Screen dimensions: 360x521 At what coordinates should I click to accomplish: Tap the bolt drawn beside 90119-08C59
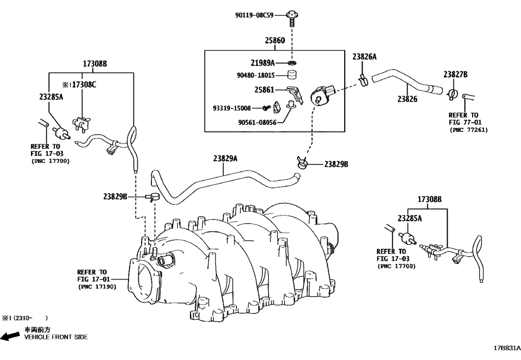(x=293, y=17)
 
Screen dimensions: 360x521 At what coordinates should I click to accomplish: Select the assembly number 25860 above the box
(x=275, y=41)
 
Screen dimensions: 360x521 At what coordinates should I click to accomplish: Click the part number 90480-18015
(x=256, y=75)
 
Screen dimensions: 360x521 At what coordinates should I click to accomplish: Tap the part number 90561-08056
(x=257, y=122)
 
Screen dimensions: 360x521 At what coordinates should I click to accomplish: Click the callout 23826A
(x=364, y=56)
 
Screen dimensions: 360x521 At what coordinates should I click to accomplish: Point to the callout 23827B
(x=455, y=74)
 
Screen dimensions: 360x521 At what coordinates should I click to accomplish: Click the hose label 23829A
(x=225, y=159)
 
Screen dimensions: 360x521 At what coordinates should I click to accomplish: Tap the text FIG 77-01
(x=463, y=122)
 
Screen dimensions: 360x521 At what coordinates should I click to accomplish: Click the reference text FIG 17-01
(x=92, y=279)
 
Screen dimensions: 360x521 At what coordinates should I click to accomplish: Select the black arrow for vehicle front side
(x=11, y=337)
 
